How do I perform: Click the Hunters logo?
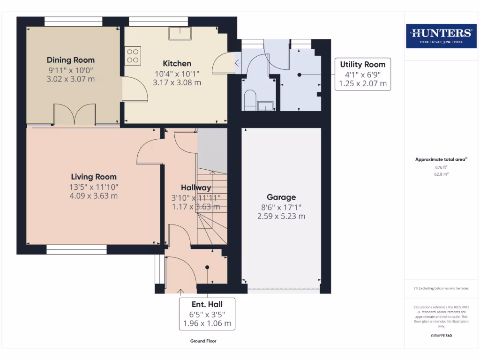click(x=441, y=36)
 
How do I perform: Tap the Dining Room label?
click(x=71, y=60)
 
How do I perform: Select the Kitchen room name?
click(x=177, y=63)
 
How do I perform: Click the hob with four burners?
click(x=133, y=56)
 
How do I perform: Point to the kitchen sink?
click(x=180, y=33)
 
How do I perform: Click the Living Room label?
click(x=94, y=177)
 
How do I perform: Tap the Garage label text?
click(x=281, y=197)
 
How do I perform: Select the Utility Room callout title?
click(x=363, y=65)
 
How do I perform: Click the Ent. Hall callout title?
click(x=207, y=304)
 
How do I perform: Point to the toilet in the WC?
click(x=250, y=99)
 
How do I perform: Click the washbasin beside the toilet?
click(x=265, y=105)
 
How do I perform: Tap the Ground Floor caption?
click(x=203, y=341)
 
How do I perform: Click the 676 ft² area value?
click(x=441, y=167)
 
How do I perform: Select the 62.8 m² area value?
click(x=441, y=174)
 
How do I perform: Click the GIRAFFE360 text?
click(x=441, y=336)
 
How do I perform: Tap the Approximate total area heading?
click(x=441, y=159)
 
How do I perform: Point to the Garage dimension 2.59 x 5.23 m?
click(x=281, y=217)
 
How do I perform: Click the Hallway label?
click(x=196, y=187)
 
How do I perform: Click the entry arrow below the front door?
click(x=181, y=292)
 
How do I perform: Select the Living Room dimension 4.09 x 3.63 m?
click(x=94, y=196)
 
